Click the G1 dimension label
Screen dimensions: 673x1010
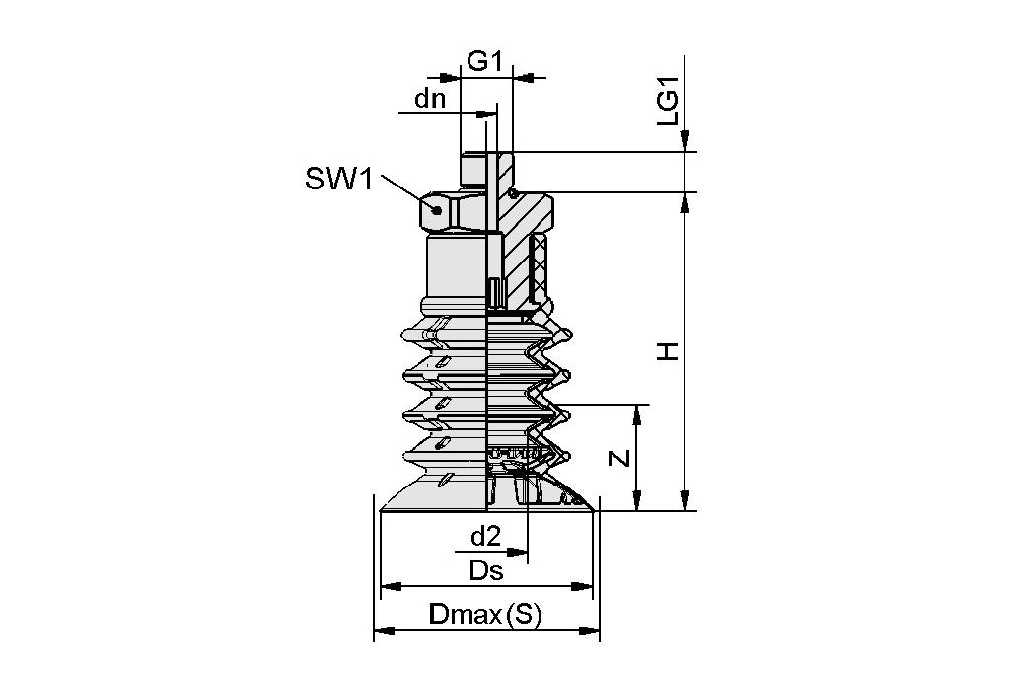point(484,61)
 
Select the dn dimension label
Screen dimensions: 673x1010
point(430,99)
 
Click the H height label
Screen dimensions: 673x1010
point(669,350)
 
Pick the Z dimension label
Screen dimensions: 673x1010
point(617,458)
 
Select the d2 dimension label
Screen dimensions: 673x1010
point(485,536)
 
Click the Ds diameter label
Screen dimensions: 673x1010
point(485,570)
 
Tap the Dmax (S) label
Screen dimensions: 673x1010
point(485,614)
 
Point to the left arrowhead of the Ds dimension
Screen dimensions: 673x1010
point(388,586)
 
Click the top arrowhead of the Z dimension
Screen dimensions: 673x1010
point(639,411)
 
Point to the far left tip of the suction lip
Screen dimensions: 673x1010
point(382,509)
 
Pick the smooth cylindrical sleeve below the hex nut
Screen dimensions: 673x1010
point(456,264)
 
